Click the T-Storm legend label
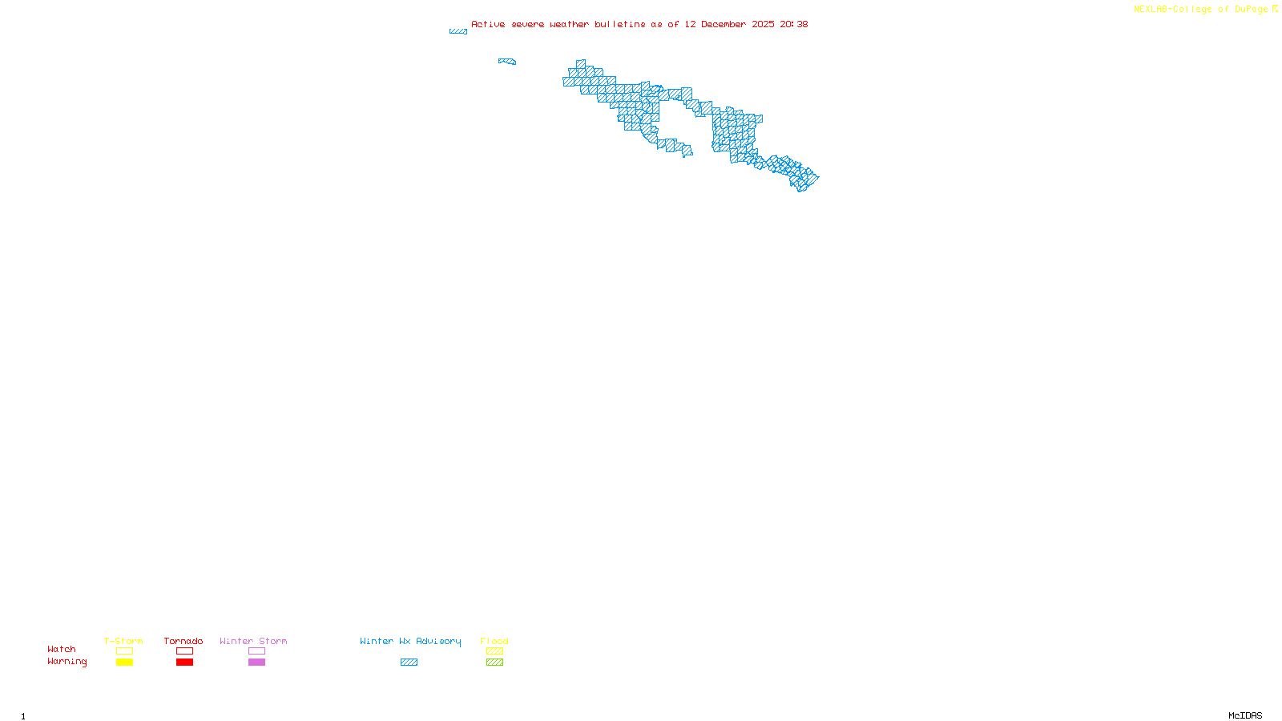coord(123,641)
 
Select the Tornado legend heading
coord(183,641)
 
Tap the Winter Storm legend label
coord(253,641)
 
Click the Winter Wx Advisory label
coord(410,641)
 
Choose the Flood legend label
coord(494,641)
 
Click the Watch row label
coord(62,650)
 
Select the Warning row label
coord(67,662)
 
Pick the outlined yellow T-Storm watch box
coord(124,651)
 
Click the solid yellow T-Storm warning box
coord(124,663)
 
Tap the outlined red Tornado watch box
coord(184,651)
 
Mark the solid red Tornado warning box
coord(184,663)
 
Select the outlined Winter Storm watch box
coord(256,651)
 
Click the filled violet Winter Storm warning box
coord(256,663)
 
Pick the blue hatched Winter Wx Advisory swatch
coord(409,663)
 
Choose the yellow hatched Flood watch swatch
coord(494,651)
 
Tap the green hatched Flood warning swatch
coord(494,663)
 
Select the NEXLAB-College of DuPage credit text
coord(1200,10)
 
